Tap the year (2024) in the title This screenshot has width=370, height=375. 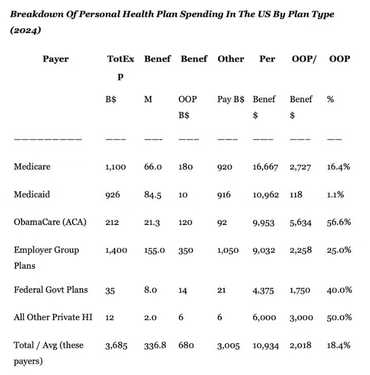(24, 30)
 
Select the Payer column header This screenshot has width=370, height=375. (55, 59)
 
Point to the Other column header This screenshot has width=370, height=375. (231, 59)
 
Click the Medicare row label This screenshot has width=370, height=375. (32, 166)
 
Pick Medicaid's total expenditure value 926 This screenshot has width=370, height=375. (113, 195)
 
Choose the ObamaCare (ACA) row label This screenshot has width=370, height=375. (50, 222)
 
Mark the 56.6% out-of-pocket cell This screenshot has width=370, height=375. (339, 222)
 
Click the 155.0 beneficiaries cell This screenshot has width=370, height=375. (155, 251)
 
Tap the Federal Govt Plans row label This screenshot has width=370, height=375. (50, 290)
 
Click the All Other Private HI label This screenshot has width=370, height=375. (53, 317)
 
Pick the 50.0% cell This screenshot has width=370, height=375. (339, 318)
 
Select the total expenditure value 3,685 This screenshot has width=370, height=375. (116, 346)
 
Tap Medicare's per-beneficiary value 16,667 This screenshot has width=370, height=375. (266, 167)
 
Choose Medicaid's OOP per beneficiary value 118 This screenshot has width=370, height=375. (296, 195)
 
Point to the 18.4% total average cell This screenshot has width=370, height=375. (339, 345)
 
